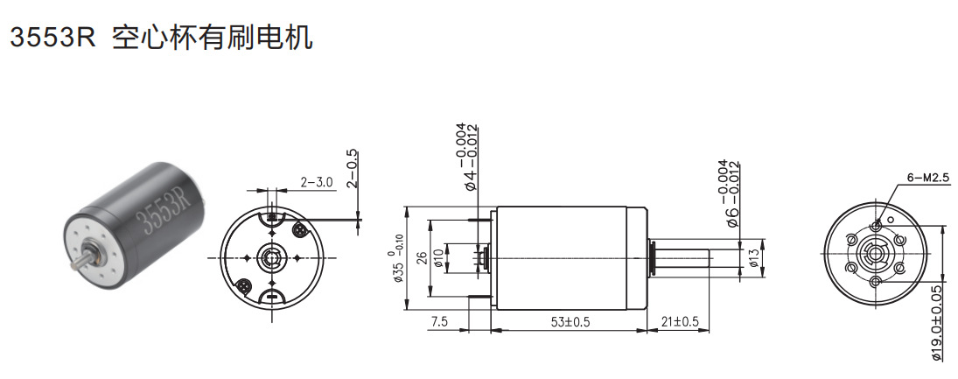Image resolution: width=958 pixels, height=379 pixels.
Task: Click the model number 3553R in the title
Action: click(50, 38)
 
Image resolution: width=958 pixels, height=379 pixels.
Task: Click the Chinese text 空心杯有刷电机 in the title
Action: click(213, 38)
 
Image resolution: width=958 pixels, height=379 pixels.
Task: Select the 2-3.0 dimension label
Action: click(317, 182)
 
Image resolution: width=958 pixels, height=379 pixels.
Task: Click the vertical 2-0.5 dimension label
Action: click(353, 167)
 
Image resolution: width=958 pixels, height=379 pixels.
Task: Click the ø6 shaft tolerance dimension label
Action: click(728, 194)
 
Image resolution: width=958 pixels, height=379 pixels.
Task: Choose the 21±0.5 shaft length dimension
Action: click(680, 322)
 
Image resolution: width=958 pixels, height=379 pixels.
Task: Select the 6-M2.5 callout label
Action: click(928, 178)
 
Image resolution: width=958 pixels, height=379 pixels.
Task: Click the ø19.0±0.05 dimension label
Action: click(938, 323)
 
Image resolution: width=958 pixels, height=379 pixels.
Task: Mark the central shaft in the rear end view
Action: click(271, 258)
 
